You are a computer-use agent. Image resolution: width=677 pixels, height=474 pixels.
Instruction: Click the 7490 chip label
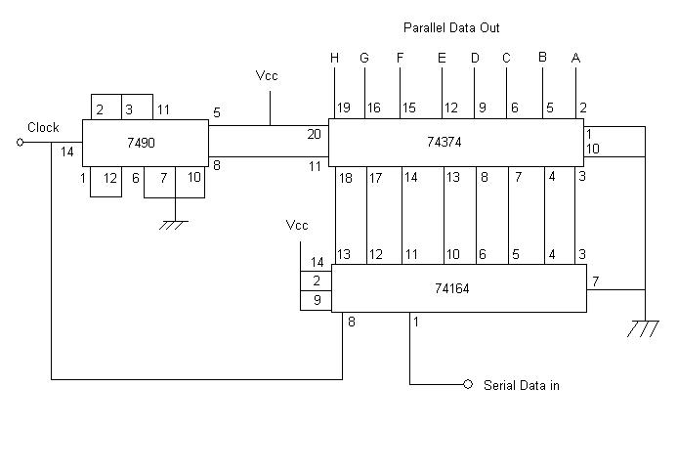click(141, 143)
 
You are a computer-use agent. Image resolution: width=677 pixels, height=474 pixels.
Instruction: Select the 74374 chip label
click(444, 142)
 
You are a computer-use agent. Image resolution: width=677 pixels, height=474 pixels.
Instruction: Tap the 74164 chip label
click(451, 288)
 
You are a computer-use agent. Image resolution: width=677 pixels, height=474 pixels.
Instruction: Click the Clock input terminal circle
click(20, 142)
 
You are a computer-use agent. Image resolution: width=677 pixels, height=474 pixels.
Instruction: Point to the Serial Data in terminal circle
click(468, 384)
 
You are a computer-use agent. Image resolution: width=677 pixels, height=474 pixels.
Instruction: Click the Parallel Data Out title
click(451, 28)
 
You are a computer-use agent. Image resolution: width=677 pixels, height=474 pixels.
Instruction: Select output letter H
click(334, 58)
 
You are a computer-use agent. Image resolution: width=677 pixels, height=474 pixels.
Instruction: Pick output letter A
click(575, 58)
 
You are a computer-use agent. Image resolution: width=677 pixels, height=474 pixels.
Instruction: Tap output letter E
click(442, 58)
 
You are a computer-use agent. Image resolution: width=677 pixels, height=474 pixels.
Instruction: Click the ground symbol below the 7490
click(174, 225)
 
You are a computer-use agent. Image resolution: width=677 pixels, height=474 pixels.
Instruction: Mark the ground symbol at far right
click(643, 328)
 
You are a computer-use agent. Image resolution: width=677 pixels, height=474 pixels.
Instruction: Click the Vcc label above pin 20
click(267, 75)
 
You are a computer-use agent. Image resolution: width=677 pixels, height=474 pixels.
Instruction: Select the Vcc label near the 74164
click(297, 225)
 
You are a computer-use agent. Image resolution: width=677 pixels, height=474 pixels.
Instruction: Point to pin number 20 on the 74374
click(315, 134)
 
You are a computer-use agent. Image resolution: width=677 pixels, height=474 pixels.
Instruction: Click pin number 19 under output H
click(344, 108)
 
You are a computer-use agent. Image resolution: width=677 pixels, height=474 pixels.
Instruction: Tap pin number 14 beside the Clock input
click(67, 152)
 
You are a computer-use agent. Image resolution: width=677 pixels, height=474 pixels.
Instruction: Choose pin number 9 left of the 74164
click(317, 300)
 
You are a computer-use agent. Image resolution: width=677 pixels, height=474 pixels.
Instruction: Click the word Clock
click(43, 127)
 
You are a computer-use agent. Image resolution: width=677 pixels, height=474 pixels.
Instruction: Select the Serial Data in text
click(522, 385)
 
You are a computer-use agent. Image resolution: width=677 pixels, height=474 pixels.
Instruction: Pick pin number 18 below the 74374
click(346, 178)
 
